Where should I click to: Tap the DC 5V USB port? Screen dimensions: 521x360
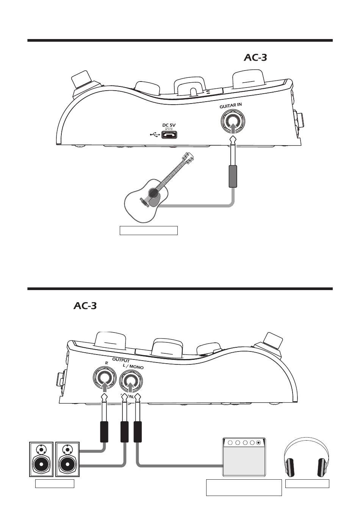[x=169, y=135]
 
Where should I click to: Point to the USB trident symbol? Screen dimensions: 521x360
[x=155, y=134]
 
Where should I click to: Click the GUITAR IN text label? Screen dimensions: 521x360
[x=230, y=106]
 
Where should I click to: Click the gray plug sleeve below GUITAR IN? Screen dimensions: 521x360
[x=233, y=176]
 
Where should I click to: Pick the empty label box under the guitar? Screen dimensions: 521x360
[x=149, y=230]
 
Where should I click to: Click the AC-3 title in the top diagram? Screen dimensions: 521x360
[x=255, y=58]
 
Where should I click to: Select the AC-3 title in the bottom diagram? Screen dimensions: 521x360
[x=85, y=306]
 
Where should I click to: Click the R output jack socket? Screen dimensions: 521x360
[x=104, y=378]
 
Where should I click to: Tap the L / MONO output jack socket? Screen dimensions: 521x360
[x=131, y=378]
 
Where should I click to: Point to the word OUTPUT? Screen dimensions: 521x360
[x=121, y=360]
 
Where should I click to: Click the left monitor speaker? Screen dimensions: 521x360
[x=41, y=459]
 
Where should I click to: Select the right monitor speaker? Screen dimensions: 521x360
[x=67, y=459]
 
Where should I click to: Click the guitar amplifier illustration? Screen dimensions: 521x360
[x=244, y=457]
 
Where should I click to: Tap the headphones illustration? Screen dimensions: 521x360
[x=307, y=457]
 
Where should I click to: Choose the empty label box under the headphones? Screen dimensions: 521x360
[x=307, y=483]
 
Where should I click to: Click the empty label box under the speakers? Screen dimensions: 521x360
[x=55, y=483]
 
